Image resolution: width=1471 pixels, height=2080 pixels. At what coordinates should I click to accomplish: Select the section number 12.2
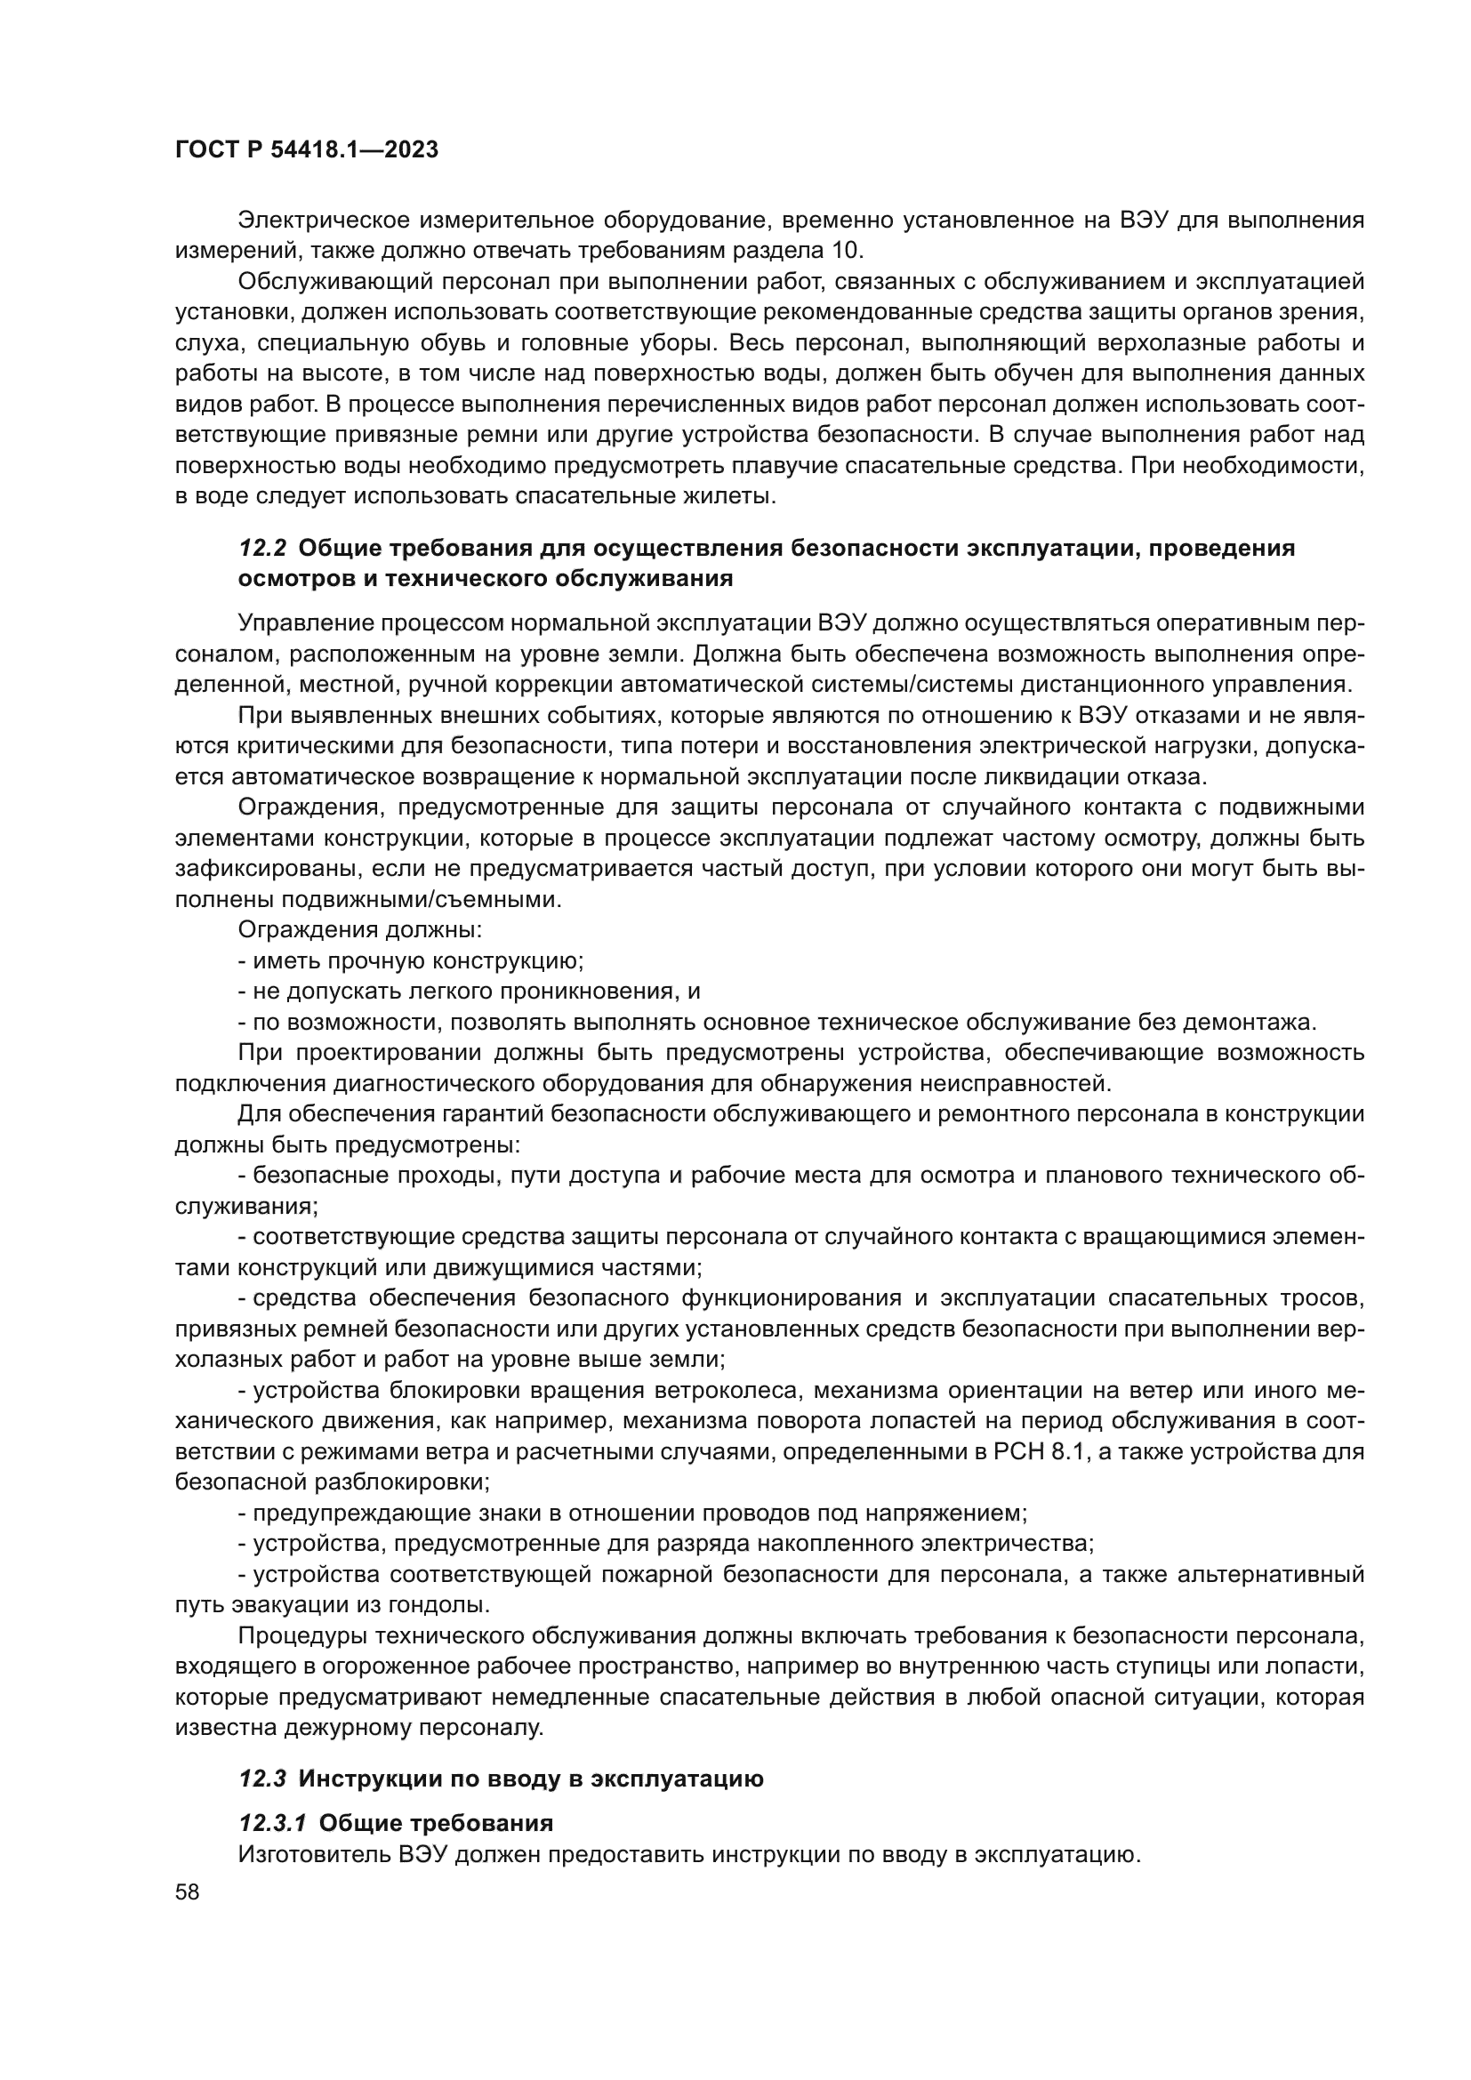click(x=262, y=548)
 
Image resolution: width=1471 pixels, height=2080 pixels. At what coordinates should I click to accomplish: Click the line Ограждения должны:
click(x=359, y=930)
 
